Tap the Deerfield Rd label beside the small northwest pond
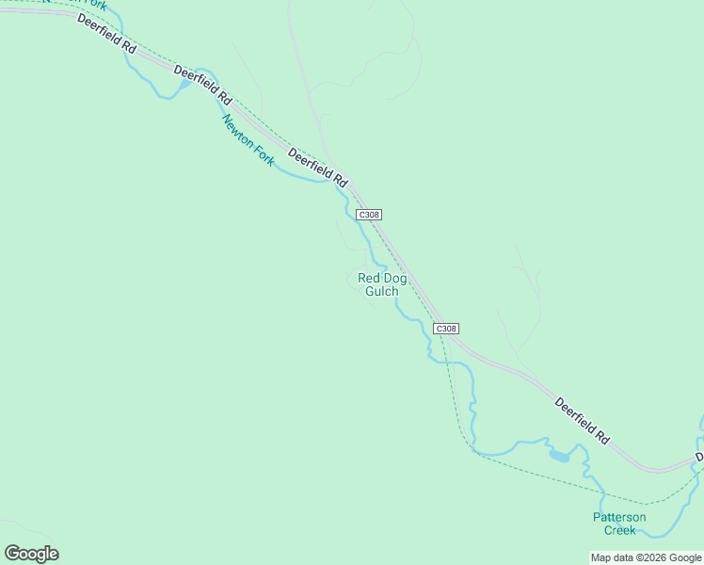click(x=202, y=85)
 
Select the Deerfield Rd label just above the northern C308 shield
click(x=318, y=168)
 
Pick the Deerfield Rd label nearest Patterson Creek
click(x=582, y=420)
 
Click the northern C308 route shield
click(x=369, y=215)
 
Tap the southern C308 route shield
click(x=446, y=329)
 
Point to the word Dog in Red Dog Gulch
click(x=395, y=278)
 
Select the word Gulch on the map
click(x=382, y=291)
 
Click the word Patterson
click(x=619, y=517)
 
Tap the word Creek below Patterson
click(x=619, y=530)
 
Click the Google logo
click(x=31, y=554)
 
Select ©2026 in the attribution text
click(x=653, y=557)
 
